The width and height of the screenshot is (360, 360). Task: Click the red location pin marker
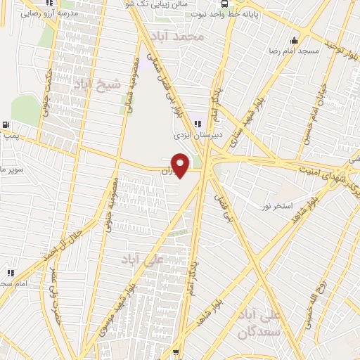pos(181,165)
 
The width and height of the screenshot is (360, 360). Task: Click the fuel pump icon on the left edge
pos(6,125)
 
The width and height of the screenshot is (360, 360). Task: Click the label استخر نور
pos(276,205)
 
